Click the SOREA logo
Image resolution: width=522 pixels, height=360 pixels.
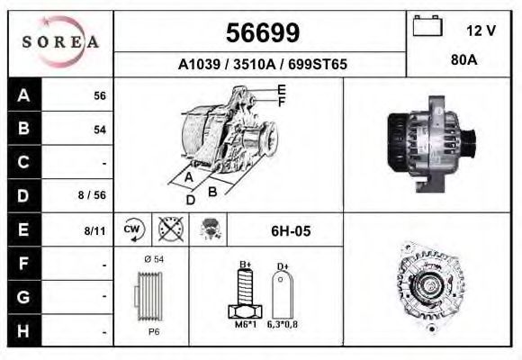coord(60,41)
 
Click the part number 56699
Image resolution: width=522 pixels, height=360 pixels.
coord(263,32)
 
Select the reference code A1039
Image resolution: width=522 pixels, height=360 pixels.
coord(199,64)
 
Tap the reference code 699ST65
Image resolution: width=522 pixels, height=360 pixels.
coord(318,64)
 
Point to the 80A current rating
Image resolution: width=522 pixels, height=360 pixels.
coord(464,60)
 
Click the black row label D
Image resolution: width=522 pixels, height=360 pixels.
coord(24,195)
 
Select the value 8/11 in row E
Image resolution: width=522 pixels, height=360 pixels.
coord(94,230)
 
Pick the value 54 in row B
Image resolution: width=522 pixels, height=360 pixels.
coord(100,130)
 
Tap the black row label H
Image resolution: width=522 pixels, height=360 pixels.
coord(24,330)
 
